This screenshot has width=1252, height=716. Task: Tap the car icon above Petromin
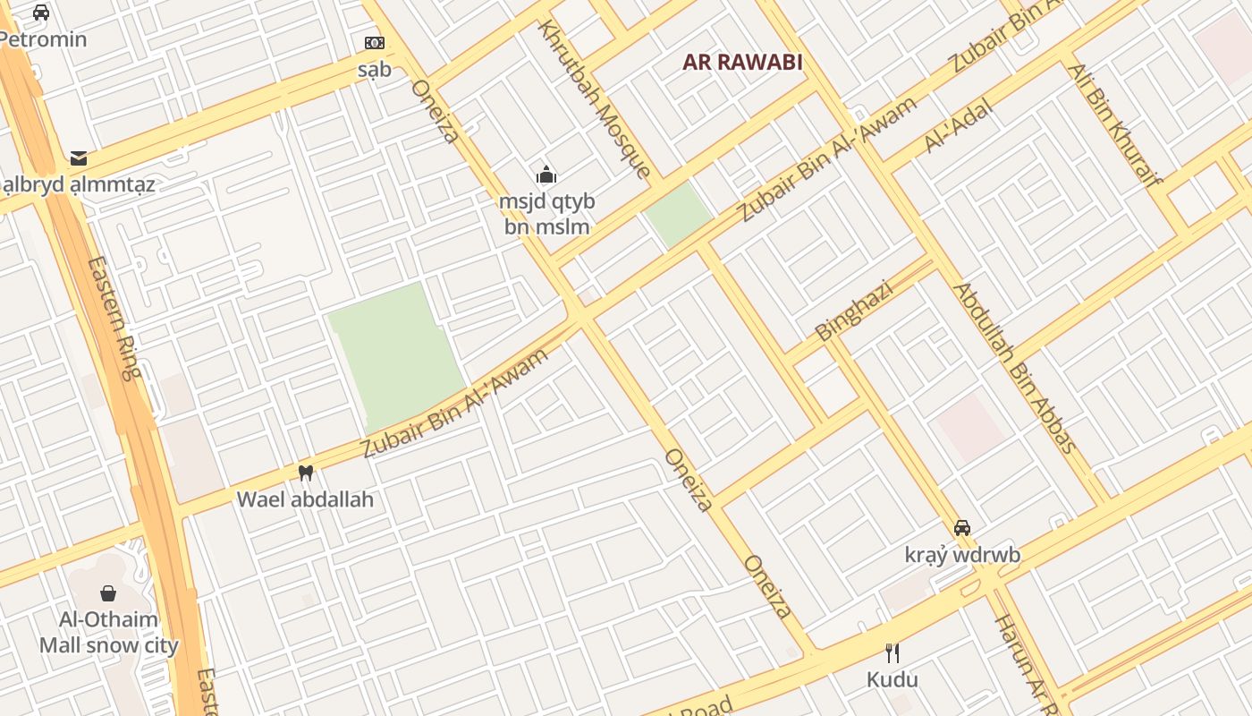point(41,13)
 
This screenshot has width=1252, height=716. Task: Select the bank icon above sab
point(374,43)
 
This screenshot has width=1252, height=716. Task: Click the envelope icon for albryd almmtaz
point(79,159)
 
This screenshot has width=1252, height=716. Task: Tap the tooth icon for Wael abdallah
point(305,473)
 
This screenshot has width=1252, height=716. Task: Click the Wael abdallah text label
point(305,499)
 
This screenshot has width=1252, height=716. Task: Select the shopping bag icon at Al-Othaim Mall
point(108,593)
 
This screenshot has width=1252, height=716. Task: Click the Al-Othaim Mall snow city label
point(108,632)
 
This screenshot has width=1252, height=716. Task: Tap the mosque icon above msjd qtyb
point(546,175)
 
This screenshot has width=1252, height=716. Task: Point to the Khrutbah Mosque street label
point(593,98)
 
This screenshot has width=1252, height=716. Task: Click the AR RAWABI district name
point(741,63)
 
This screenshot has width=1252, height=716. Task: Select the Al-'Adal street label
point(958,126)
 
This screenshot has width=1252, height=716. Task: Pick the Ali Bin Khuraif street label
point(1113,124)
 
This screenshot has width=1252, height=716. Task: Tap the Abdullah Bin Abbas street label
point(1015,368)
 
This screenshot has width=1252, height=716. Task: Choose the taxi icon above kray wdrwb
point(962,528)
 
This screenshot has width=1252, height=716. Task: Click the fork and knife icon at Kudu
point(892,652)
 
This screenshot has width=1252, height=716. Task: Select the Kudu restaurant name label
point(892,679)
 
